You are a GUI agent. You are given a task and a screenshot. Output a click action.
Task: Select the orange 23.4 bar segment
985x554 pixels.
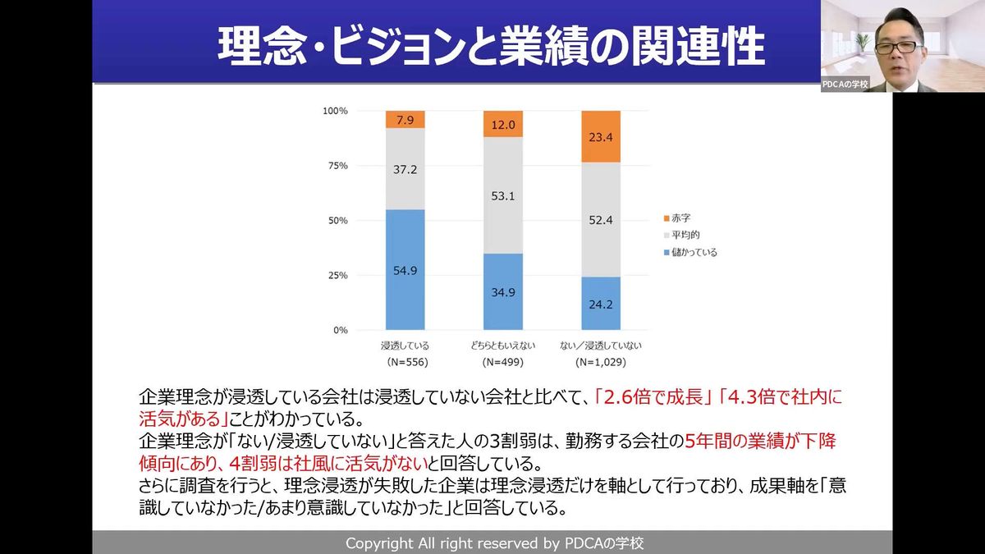tap(602, 136)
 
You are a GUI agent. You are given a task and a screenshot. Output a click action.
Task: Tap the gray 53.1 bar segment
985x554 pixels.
tap(503, 195)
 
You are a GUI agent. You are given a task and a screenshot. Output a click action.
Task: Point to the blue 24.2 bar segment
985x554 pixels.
tap(602, 303)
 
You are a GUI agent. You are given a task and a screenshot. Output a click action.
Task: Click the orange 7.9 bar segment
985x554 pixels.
tap(405, 120)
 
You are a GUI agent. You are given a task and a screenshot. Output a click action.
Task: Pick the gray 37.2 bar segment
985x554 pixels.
tap(405, 168)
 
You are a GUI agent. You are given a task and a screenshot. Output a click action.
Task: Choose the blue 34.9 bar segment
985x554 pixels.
tap(503, 291)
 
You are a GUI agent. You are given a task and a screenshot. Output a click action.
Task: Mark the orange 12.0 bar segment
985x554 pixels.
tap(503, 124)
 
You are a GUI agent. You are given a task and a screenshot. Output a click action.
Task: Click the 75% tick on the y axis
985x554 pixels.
tap(337, 166)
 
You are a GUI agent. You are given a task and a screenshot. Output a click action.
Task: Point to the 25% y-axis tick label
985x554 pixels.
tap(337, 276)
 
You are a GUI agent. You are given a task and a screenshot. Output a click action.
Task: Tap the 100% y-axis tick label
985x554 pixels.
tap(335, 111)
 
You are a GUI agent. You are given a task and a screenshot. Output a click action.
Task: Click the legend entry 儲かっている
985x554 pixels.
tap(694, 252)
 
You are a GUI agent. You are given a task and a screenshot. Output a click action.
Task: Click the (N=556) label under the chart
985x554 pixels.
tap(405, 362)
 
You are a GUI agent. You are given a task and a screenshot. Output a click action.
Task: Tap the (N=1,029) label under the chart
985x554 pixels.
tap(602, 362)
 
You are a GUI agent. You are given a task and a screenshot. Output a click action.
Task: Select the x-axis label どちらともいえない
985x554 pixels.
tap(503, 345)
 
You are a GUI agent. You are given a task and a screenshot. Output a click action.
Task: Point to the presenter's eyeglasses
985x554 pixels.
tap(899, 47)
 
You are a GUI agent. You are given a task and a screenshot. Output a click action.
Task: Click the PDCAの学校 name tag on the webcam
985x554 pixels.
tap(845, 85)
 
